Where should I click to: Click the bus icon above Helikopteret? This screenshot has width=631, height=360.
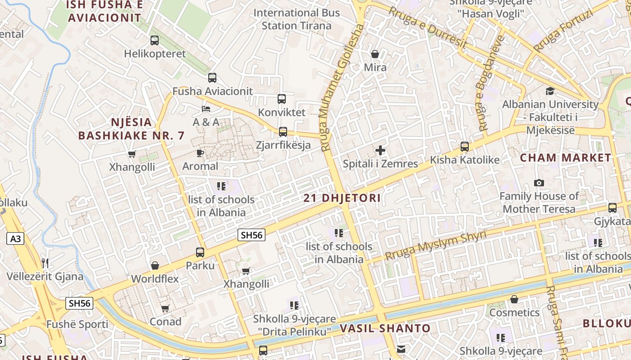click(x=155, y=40)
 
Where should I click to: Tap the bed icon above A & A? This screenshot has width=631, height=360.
click(x=206, y=109)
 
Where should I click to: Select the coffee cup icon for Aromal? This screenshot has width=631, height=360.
click(x=200, y=153)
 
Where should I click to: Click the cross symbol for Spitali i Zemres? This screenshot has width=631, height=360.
click(x=380, y=150)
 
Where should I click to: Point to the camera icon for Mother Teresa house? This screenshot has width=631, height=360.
click(x=539, y=183)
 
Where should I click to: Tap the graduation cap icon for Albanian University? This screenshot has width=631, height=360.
click(x=550, y=91)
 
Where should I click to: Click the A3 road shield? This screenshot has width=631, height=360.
click(x=15, y=238)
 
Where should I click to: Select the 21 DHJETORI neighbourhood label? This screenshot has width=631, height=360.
click(x=342, y=198)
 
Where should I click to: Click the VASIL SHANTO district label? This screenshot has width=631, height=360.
click(x=385, y=328)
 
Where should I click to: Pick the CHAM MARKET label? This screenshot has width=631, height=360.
click(x=565, y=158)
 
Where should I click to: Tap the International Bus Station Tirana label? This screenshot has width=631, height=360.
click(x=297, y=19)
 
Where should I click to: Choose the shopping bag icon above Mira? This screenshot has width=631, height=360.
click(x=375, y=54)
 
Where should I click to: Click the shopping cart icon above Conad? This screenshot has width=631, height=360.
click(x=165, y=309)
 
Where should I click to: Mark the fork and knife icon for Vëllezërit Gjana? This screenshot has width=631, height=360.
click(x=45, y=263)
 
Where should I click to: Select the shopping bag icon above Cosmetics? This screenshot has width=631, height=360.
click(x=514, y=299)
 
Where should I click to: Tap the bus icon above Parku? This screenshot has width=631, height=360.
click(x=200, y=252)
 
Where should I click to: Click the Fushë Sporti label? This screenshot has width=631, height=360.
click(x=77, y=324)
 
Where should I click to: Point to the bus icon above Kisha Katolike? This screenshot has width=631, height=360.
click(x=465, y=147)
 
